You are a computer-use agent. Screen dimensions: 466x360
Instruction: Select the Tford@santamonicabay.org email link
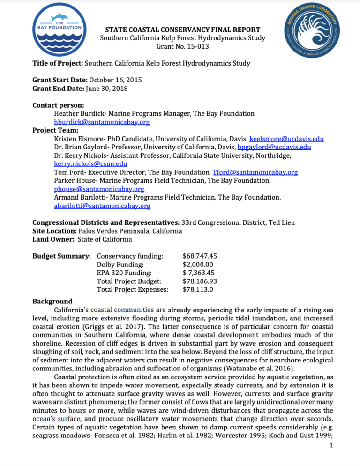pyautogui.click(x=255, y=172)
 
